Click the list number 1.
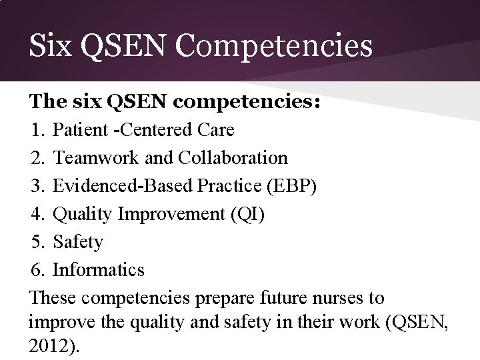click(37, 129)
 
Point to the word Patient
click(79, 129)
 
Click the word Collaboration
click(231, 158)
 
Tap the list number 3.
click(37, 186)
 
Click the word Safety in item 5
click(78, 242)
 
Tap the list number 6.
click(37, 270)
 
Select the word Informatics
click(99, 270)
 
